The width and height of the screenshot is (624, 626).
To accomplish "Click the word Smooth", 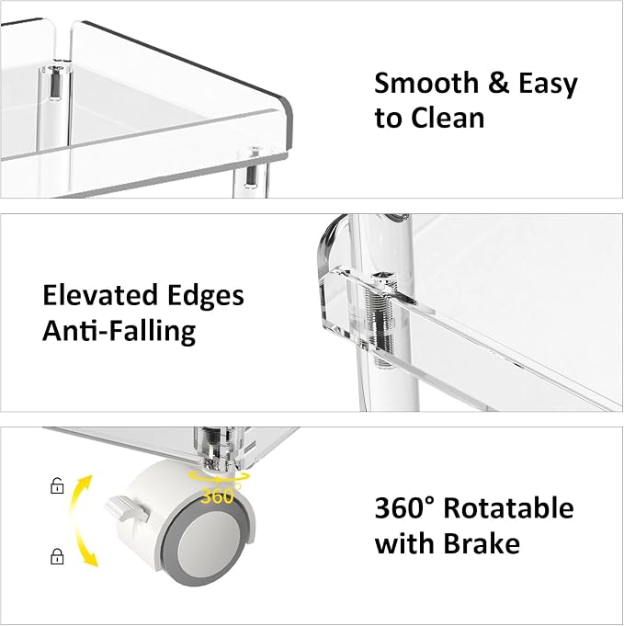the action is (426, 83).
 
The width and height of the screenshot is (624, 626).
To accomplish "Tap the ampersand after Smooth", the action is (498, 83).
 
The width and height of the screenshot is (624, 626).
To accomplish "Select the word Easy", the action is (548, 84).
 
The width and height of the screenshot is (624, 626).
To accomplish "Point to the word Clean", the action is (448, 119).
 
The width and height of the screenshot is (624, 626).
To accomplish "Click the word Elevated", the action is (100, 295).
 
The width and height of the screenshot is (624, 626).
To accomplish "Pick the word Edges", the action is (205, 296).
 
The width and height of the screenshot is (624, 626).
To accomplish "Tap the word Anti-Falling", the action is (119, 331).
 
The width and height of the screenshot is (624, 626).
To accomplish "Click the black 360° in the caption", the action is (404, 507).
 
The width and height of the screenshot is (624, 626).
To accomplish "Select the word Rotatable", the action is (508, 507).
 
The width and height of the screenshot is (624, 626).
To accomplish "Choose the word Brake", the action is (482, 543).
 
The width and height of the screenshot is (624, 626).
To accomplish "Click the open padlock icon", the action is (57, 485).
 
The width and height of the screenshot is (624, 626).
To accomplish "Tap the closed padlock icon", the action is (57, 556).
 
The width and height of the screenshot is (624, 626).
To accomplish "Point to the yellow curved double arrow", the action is (79, 521).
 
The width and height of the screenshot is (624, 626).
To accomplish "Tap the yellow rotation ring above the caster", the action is (219, 477).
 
